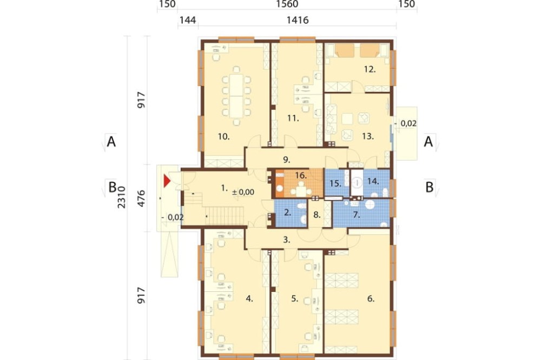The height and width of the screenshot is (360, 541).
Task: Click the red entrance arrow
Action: [x=167, y=181]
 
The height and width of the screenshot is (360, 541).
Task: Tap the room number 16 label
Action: [x=301, y=176]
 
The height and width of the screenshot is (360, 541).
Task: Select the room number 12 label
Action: [x=370, y=69]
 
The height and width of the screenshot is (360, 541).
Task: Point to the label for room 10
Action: [x=223, y=137]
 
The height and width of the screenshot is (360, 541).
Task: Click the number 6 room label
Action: [x=371, y=298]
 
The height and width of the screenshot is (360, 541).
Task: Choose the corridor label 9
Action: [x=286, y=159]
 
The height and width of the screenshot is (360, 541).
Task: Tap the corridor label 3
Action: [x=286, y=239]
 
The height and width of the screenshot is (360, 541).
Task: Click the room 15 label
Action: [x=335, y=183]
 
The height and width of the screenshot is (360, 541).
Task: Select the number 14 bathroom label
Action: [x=373, y=181]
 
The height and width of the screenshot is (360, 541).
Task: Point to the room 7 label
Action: [x=357, y=215]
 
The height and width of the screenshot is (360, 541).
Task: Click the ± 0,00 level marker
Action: [x=243, y=192]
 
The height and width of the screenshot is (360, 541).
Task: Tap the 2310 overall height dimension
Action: [x=122, y=197]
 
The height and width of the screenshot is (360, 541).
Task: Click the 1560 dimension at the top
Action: [x=287, y=4]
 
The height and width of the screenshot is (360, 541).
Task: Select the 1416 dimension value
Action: [x=298, y=20]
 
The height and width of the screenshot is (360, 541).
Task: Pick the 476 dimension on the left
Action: [x=141, y=198]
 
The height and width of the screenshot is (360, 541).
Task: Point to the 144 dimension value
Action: [x=188, y=20]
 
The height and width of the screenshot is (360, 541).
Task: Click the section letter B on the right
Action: [x=429, y=187]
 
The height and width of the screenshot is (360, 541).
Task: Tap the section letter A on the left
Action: [x=111, y=142]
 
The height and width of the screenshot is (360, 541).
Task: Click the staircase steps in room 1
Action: [x=225, y=216]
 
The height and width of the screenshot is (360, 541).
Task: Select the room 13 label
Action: [x=368, y=136]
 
